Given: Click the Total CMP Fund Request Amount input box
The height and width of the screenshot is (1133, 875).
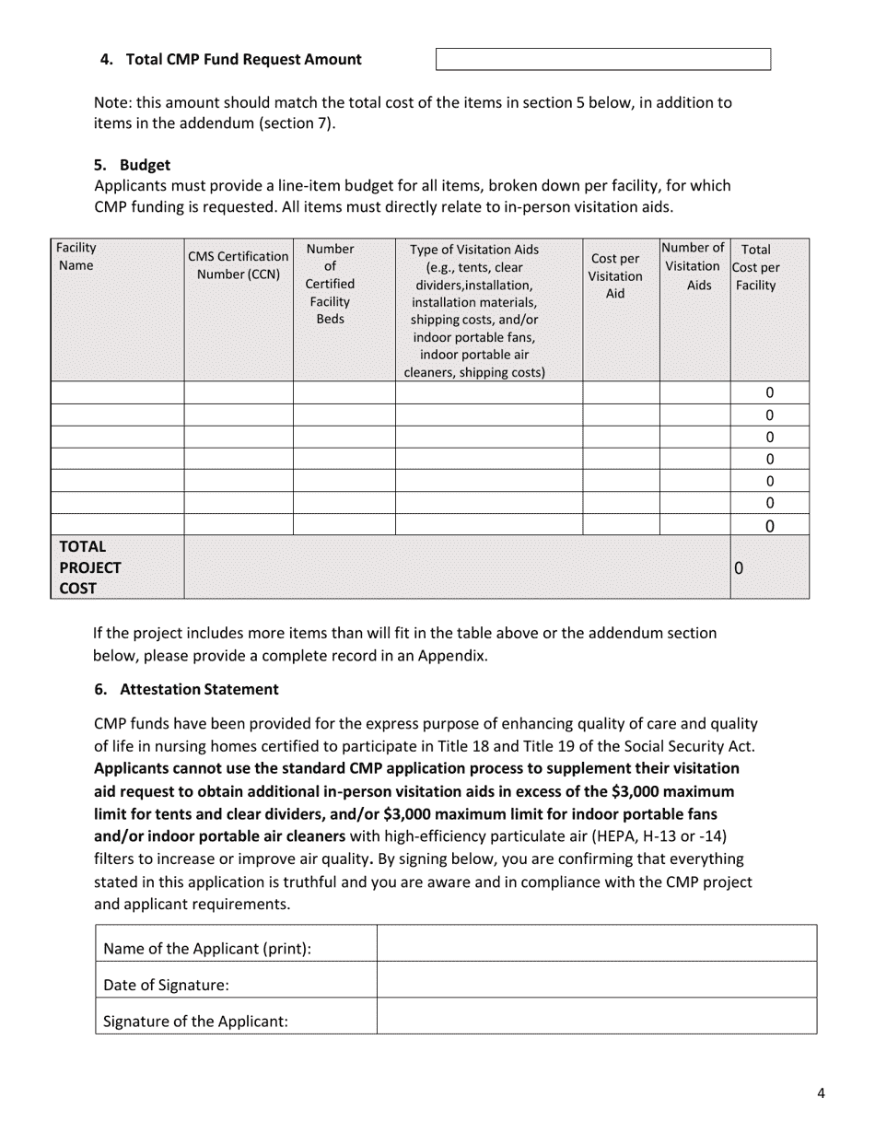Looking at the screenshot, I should click(602, 60).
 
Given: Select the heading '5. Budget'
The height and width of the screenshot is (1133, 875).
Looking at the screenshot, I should click(133, 165).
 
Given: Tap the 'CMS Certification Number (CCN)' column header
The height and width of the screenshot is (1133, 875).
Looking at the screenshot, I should click(239, 264).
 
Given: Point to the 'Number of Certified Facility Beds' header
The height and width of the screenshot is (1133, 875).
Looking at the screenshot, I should click(330, 284).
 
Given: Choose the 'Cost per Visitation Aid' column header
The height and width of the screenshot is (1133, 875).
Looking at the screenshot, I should click(615, 275).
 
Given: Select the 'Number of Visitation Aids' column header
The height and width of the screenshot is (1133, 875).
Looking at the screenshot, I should click(694, 266).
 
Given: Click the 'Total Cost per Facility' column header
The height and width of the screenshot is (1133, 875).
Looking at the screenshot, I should click(755, 267).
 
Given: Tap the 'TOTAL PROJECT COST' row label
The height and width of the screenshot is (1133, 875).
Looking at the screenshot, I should click(89, 567).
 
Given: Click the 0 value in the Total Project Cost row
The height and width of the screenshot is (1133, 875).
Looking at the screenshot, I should click(739, 568).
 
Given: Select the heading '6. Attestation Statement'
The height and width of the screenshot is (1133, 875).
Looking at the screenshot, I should click(187, 689).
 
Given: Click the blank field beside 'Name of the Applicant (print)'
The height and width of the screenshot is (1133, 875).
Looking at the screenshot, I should click(596, 944).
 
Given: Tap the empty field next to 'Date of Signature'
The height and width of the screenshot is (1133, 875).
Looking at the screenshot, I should click(596, 980).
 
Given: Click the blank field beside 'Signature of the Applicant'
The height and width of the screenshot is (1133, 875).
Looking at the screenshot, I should click(596, 1016).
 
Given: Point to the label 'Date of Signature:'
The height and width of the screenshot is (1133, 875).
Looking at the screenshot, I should click(166, 985).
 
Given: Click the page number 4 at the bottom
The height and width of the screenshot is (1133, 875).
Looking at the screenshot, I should click(821, 1093).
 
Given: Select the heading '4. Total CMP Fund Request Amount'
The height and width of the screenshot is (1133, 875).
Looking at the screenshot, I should click(230, 60).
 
